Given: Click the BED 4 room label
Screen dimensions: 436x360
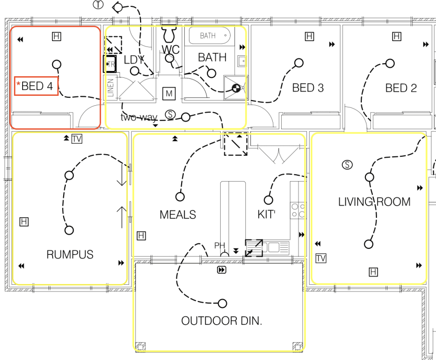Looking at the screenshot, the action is (x=37, y=86).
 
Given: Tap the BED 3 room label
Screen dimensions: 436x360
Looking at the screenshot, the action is (x=308, y=88).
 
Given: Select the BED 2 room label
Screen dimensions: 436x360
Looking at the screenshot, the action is (x=401, y=88).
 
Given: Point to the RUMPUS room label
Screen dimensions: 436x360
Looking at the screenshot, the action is (x=70, y=255).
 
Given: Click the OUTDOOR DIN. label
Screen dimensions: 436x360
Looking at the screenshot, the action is (x=222, y=321).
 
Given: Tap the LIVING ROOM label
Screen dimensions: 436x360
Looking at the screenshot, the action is (x=374, y=202).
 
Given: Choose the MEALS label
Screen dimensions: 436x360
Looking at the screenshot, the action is (x=177, y=215).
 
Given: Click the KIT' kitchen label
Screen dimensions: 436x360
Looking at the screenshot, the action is (x=266, y=214).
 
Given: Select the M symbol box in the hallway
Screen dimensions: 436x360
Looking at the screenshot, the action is (x=169, y=93).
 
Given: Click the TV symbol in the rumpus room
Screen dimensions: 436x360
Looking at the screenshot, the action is (x=77, y=139).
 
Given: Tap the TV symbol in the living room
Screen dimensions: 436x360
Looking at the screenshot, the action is (x=321, y=258).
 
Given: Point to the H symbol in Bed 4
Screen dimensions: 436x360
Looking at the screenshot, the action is (x=56, y=36).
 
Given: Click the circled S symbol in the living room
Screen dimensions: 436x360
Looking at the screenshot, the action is (x=347, y=165).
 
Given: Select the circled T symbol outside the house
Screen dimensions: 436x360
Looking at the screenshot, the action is (x=98, y=5).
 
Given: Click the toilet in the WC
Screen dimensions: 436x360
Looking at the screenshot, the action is (x=170, y=34).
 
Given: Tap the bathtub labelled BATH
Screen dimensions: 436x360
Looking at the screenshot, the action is (x=210, y=36).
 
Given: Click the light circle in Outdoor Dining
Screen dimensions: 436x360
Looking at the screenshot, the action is (x=222, y=303).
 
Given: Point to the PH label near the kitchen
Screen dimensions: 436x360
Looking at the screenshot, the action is (x=220, y=245).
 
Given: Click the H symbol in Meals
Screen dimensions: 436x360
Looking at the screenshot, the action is (x=141, y=236).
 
